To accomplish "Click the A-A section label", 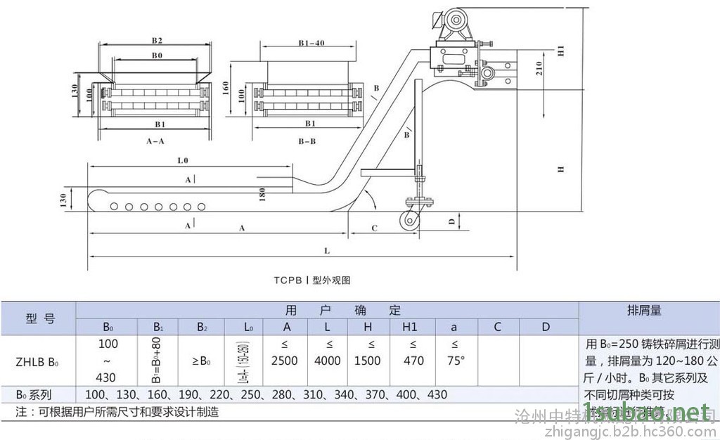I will click(155, 141).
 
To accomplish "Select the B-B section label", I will click(307, 141).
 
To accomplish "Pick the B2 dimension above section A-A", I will click(157, 40).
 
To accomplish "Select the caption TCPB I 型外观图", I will click(312, 279).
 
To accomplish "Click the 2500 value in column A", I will click(285, 361).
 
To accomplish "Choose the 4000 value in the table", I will click(327, 361).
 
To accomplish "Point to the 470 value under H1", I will click(413, 361).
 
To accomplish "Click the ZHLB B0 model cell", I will click(38, 361).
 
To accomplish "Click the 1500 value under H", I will click(367, 361).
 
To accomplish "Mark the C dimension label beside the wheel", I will click(375, 228).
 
